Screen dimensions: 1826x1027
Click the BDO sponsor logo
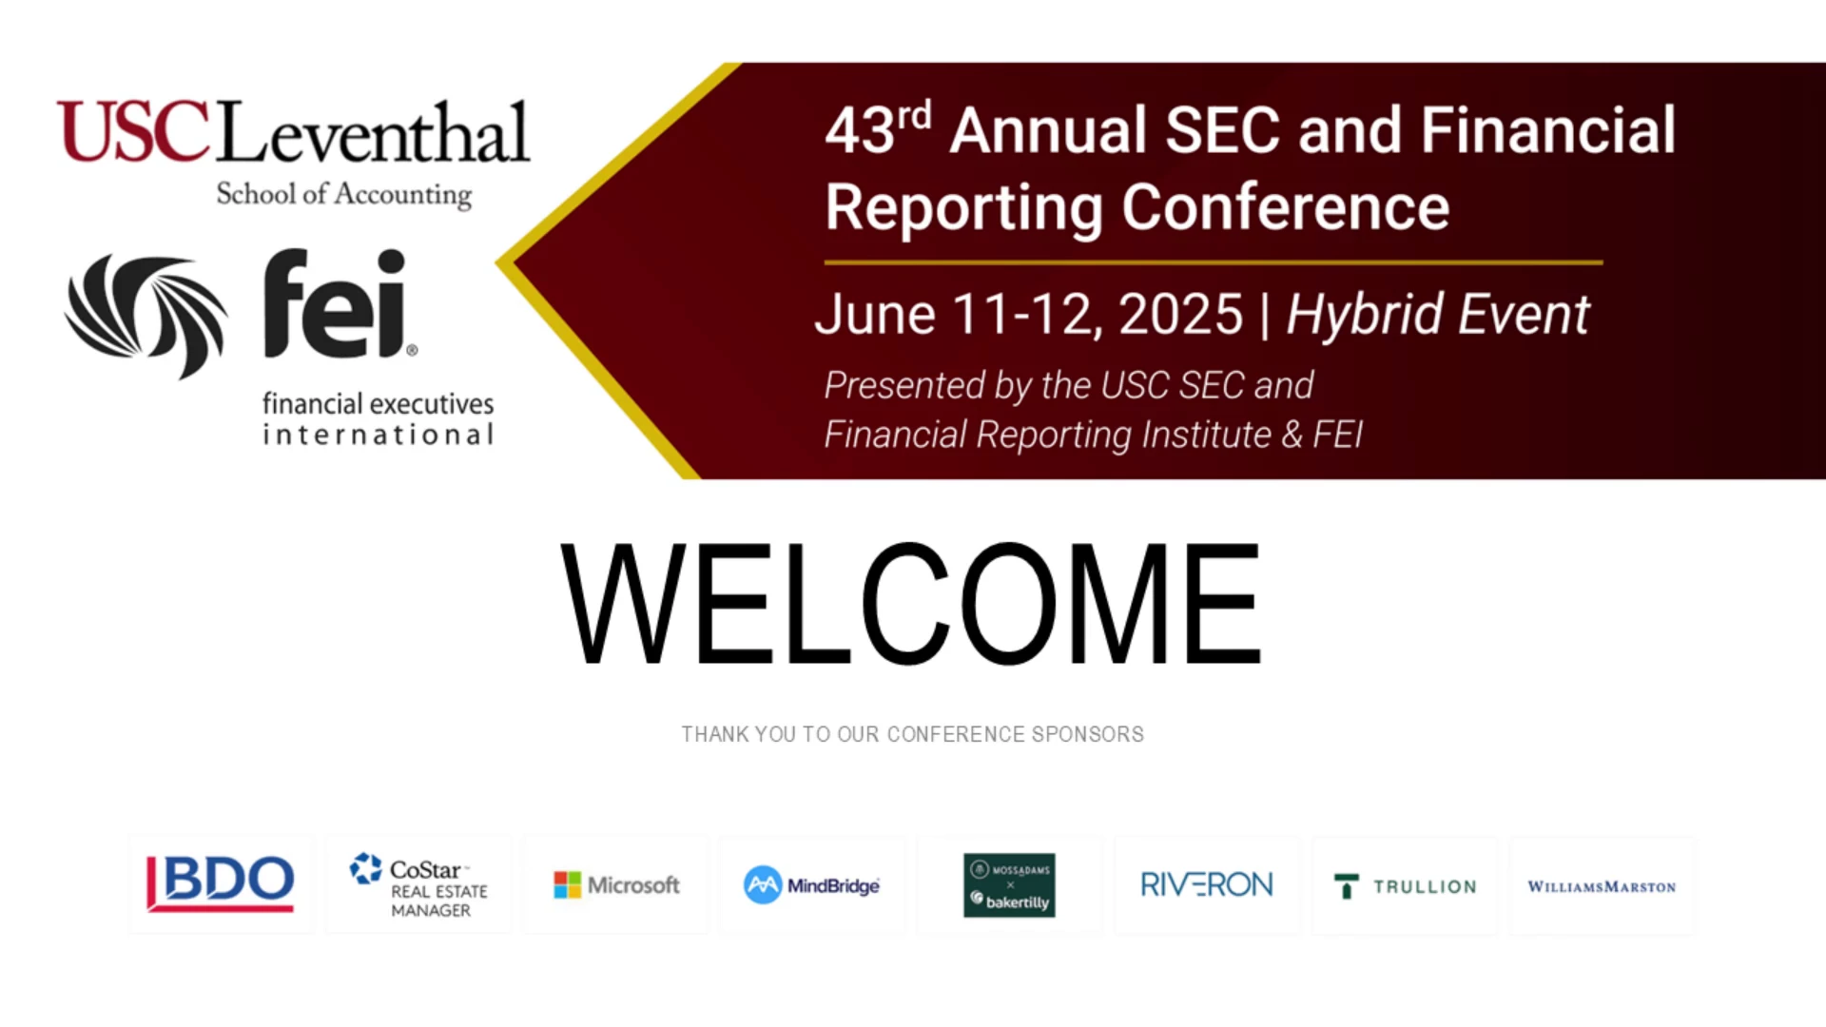click(220, 883)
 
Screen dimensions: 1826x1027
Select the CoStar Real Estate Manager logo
click(418, 885)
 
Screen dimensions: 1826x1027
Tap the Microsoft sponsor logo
click(616, 885)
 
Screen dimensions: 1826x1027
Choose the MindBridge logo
click(811, 885)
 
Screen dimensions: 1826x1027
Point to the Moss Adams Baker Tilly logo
click(1009, 885)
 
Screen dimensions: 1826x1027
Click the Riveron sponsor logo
click(1206, 885)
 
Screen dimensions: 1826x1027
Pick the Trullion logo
click(1405, 886)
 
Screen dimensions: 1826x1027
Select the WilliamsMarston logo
click(1602, 886)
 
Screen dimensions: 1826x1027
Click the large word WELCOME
click(911, 604)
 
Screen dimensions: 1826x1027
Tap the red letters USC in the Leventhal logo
click(133, 131)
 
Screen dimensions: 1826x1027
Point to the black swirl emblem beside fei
click(146, 315)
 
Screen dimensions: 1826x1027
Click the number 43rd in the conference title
click(878, 128)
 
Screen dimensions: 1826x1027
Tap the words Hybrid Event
click(1437, 314)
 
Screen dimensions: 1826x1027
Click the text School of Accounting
click(344, 195)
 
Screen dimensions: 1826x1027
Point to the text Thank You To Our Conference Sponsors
click(912, 734)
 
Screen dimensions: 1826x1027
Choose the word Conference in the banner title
click(1285, 206)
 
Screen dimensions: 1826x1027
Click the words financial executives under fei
click(379, 404)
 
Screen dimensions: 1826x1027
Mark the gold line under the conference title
click(1214, 262)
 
